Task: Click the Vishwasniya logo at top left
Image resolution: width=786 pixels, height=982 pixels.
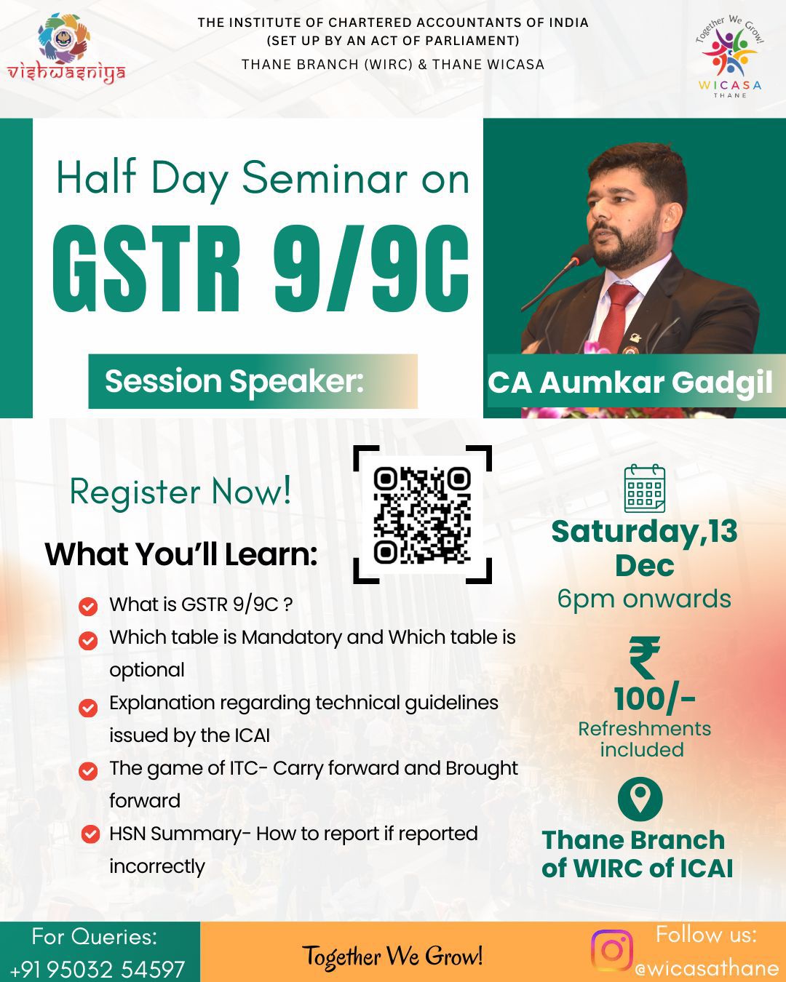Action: pos(65,48)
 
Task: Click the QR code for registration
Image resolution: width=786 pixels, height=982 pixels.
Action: pos(422,515)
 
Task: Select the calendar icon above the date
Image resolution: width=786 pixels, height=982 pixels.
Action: pos(644,488)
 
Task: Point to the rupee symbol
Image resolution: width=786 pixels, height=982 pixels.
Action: pos(644,658)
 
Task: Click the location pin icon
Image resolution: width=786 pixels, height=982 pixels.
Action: pos(640,799)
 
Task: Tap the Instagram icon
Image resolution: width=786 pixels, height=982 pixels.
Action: pos(611,951)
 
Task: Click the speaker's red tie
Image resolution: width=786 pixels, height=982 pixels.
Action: pos(618,316)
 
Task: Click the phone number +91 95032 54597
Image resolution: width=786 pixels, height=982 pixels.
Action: pos(98,969)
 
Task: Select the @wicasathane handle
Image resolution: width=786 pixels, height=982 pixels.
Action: pos(706,968)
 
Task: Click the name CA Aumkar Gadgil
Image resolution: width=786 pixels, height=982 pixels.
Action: pos(630,383)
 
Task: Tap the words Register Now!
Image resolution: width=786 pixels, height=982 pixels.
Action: pos(180,492)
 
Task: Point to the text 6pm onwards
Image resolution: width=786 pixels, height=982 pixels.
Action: pos(644,599)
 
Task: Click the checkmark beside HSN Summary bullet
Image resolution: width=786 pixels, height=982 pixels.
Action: pos(90,834)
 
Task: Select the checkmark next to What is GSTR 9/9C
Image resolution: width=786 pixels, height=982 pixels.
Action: pos(88,606)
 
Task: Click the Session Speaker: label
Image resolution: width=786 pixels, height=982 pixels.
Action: pos(234,381)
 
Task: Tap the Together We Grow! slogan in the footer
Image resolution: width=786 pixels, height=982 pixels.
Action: pos(392,956)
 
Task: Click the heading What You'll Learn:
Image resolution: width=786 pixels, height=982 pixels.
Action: pos(181,554)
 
